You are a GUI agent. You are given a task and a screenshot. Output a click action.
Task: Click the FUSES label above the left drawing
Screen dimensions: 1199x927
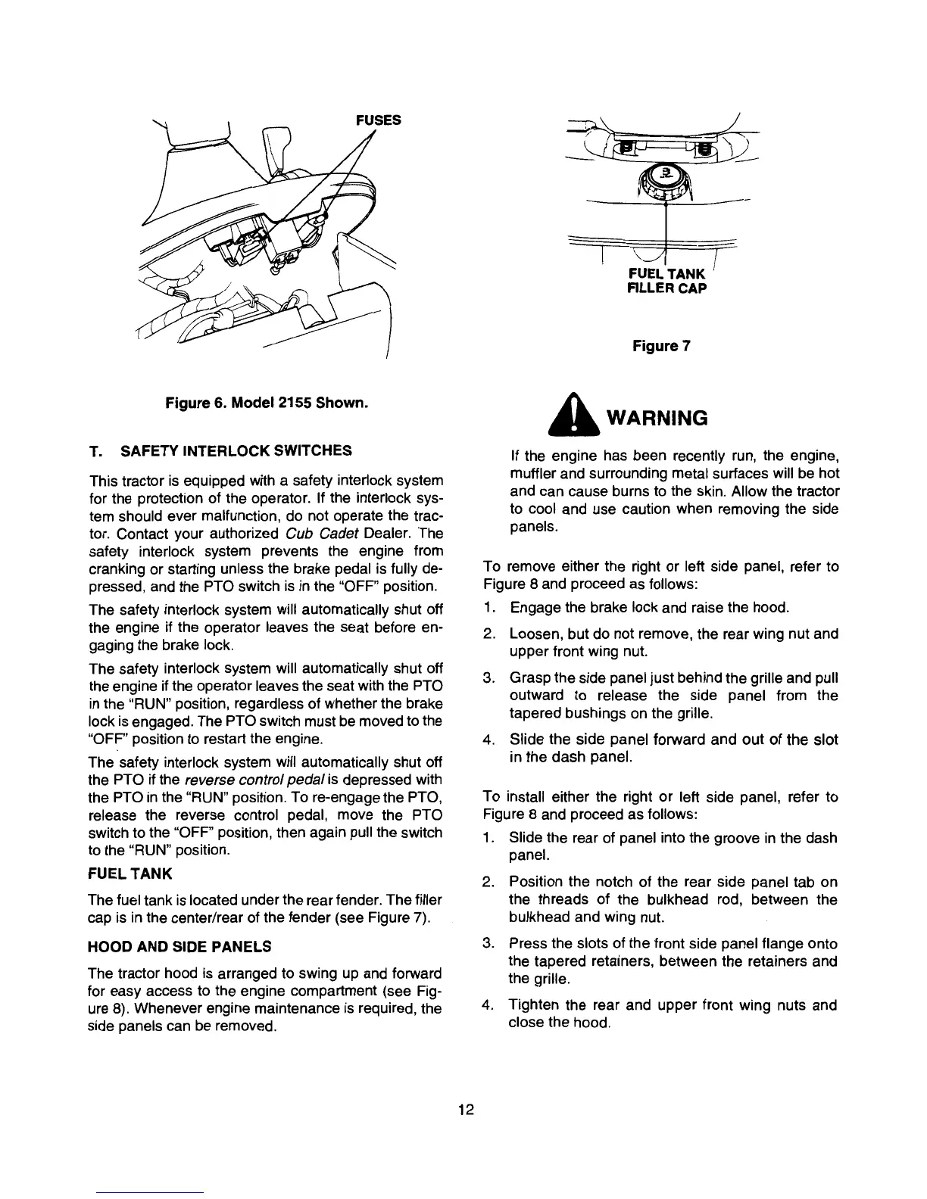(378, 120)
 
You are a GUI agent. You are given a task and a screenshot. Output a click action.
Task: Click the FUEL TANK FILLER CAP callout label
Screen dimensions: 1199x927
(667, 280)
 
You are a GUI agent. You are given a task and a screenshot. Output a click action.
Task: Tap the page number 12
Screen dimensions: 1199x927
(466, 1110)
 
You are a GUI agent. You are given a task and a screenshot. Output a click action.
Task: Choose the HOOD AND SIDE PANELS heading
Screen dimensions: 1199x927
(179, 946)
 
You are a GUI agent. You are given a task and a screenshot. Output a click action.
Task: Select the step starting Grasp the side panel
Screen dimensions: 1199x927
(673, 695)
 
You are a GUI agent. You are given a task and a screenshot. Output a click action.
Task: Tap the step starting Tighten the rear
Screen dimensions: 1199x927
(673, 1014)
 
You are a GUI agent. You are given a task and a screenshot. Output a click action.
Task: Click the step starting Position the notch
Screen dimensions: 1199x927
(673, 899)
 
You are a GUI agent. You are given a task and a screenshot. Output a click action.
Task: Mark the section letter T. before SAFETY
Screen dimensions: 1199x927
(95, 452)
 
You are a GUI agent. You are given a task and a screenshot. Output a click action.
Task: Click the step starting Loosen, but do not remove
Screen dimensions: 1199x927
(673, 643)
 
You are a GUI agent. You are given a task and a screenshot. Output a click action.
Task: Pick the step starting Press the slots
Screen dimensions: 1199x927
(673, 961)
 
